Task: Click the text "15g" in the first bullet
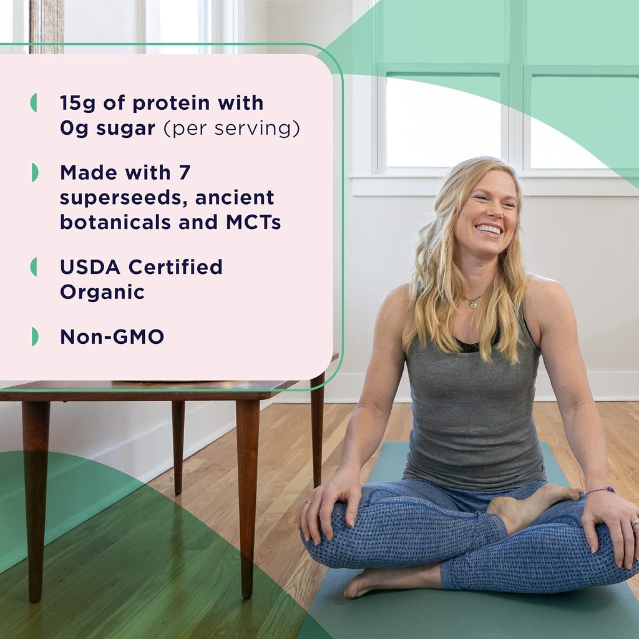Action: pyautogui.click(x=77, y=103)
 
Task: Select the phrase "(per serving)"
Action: pyautogui.click(x=232, y=129)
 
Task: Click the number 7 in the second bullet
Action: pyautogui.click(x=183, y=172)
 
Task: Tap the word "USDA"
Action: pyautogui.click(x=91, y=267)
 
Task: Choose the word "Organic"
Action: pyautogui.click(x=102, y=292)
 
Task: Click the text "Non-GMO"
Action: pyautogui.click(x=112, y=337)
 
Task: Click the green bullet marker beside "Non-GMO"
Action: pyautogui.click(x=34, y=337)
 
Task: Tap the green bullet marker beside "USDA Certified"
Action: pyautogui.click(x=34, y=267)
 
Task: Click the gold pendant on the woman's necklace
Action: pyautogui.click(x=473, y=304)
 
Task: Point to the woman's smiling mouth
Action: pyautogui.click(x=488, y=230)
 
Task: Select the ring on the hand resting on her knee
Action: pyautogui.click(x=308, y=501)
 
